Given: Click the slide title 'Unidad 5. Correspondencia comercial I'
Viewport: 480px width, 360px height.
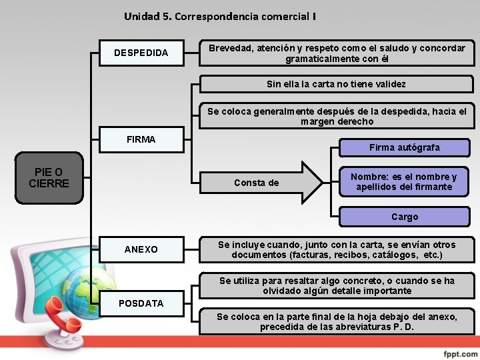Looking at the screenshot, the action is coord(220,16).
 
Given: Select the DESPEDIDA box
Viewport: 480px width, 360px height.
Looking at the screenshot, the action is coord(141,53).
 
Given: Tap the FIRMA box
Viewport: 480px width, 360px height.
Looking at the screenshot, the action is coord(141,140).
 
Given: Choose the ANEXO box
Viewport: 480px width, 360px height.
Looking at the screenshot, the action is coord(141,249).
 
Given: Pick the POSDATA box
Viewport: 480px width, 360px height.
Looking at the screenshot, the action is coord(141,303).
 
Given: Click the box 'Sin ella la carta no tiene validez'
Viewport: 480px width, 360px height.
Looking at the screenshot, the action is coord(336,85).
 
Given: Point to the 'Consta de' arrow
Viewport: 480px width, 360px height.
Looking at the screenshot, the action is coord(260,183).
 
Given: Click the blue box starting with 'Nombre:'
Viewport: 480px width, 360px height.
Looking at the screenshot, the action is coord(404,182).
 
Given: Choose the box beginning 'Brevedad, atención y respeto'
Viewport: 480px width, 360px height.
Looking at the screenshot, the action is coord(337,53).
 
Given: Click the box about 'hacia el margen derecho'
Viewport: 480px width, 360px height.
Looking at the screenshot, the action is coord(337,117).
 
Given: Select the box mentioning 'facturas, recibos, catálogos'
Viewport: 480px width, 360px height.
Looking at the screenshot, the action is coord(337,250).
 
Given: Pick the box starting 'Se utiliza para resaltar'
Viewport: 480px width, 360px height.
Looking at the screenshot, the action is coord(337,286).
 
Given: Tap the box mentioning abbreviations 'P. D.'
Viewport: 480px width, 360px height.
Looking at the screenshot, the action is coord(337,322).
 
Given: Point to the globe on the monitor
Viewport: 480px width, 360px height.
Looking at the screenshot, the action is coord(87,293).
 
